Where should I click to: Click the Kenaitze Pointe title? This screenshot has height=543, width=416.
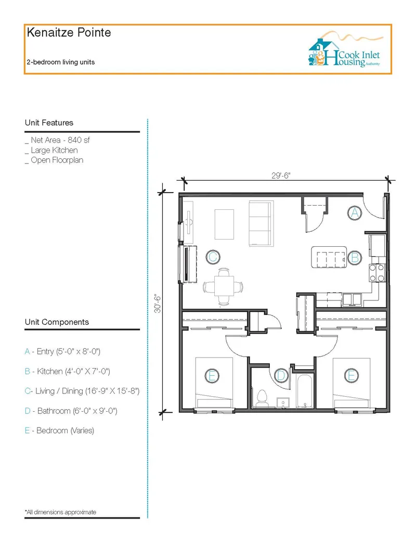(x=69, y=33)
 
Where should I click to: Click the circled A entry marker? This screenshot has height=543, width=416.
(x=355, y=213)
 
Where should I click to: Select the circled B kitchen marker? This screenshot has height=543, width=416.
(x=355, y=258)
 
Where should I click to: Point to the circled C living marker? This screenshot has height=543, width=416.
(x=213, y=257)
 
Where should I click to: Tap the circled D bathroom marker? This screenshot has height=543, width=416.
(x=281, y=375)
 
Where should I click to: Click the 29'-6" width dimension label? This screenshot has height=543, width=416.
(x=281, y=175)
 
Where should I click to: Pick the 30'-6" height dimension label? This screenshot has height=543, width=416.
(x=158, y=304)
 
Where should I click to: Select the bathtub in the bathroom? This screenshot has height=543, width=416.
(x=305, y=391)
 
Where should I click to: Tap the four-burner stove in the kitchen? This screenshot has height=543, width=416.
(x=377, y=273)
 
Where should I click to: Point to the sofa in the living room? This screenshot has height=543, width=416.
(x=261, y=223)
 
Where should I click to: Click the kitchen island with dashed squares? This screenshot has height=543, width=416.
(x=329, y=257)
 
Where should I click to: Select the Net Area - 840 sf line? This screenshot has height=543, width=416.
(x=57, y=140)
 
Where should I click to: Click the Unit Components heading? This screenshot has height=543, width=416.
(x=57, y=322)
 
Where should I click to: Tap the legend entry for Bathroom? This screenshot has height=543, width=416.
(x=71, y=411)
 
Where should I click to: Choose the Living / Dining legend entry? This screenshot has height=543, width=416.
(x=82, y=392)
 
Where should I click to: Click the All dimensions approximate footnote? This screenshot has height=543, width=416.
(x=60, y=512)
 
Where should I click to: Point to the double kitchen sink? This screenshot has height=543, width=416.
(x=352, y=299)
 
